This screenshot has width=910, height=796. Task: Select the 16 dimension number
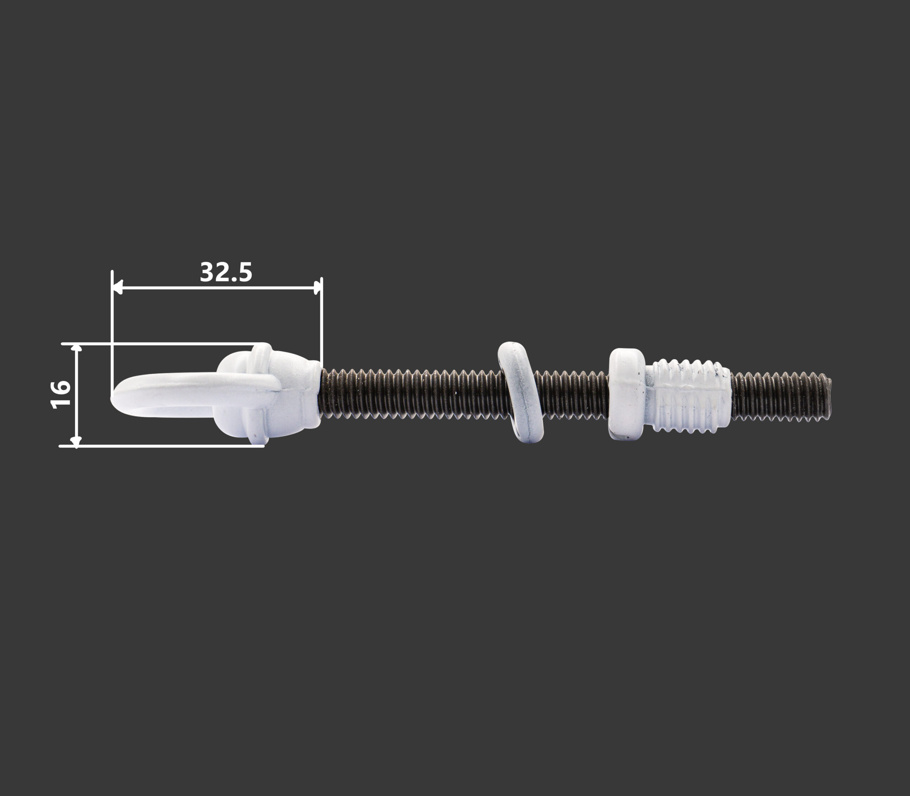(x=61, y=394)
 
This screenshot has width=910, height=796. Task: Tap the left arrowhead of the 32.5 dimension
(x=117, y=287)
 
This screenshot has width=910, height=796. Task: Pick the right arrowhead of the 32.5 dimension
(x=317, y=287)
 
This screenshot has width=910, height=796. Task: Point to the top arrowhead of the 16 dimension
(x=77, y=348)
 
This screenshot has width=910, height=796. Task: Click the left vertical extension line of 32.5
(x=112, y=333)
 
